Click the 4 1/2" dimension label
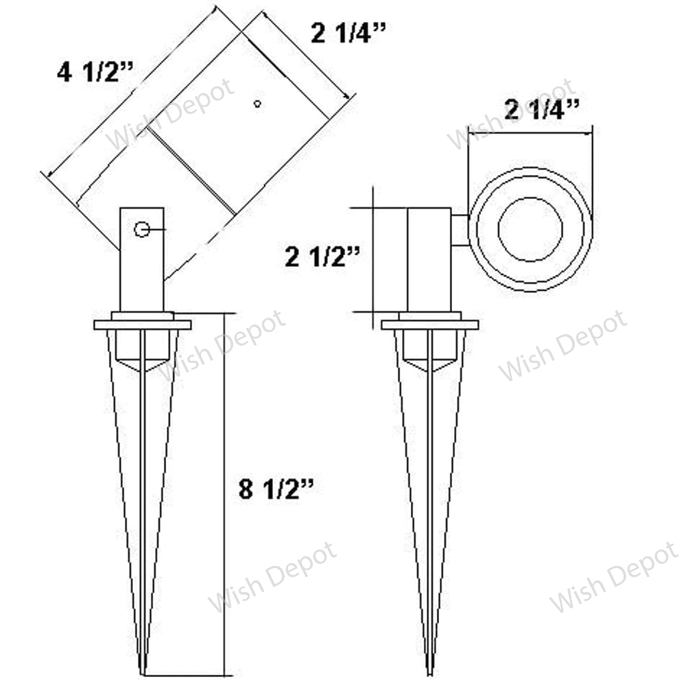tap(95, 72)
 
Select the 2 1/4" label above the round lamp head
tap(542, 109)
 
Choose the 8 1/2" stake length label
tap(276, 489)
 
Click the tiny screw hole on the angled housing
tap(257, 104)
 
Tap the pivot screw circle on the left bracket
tap(142, 229)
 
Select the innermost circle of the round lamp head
tap(530, 229)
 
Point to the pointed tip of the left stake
tap(143, 671)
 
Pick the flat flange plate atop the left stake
tap(143, 324)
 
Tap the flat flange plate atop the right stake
tap(430, 324)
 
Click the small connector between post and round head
tap(460, 229)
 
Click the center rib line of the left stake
tap(142, 494)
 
